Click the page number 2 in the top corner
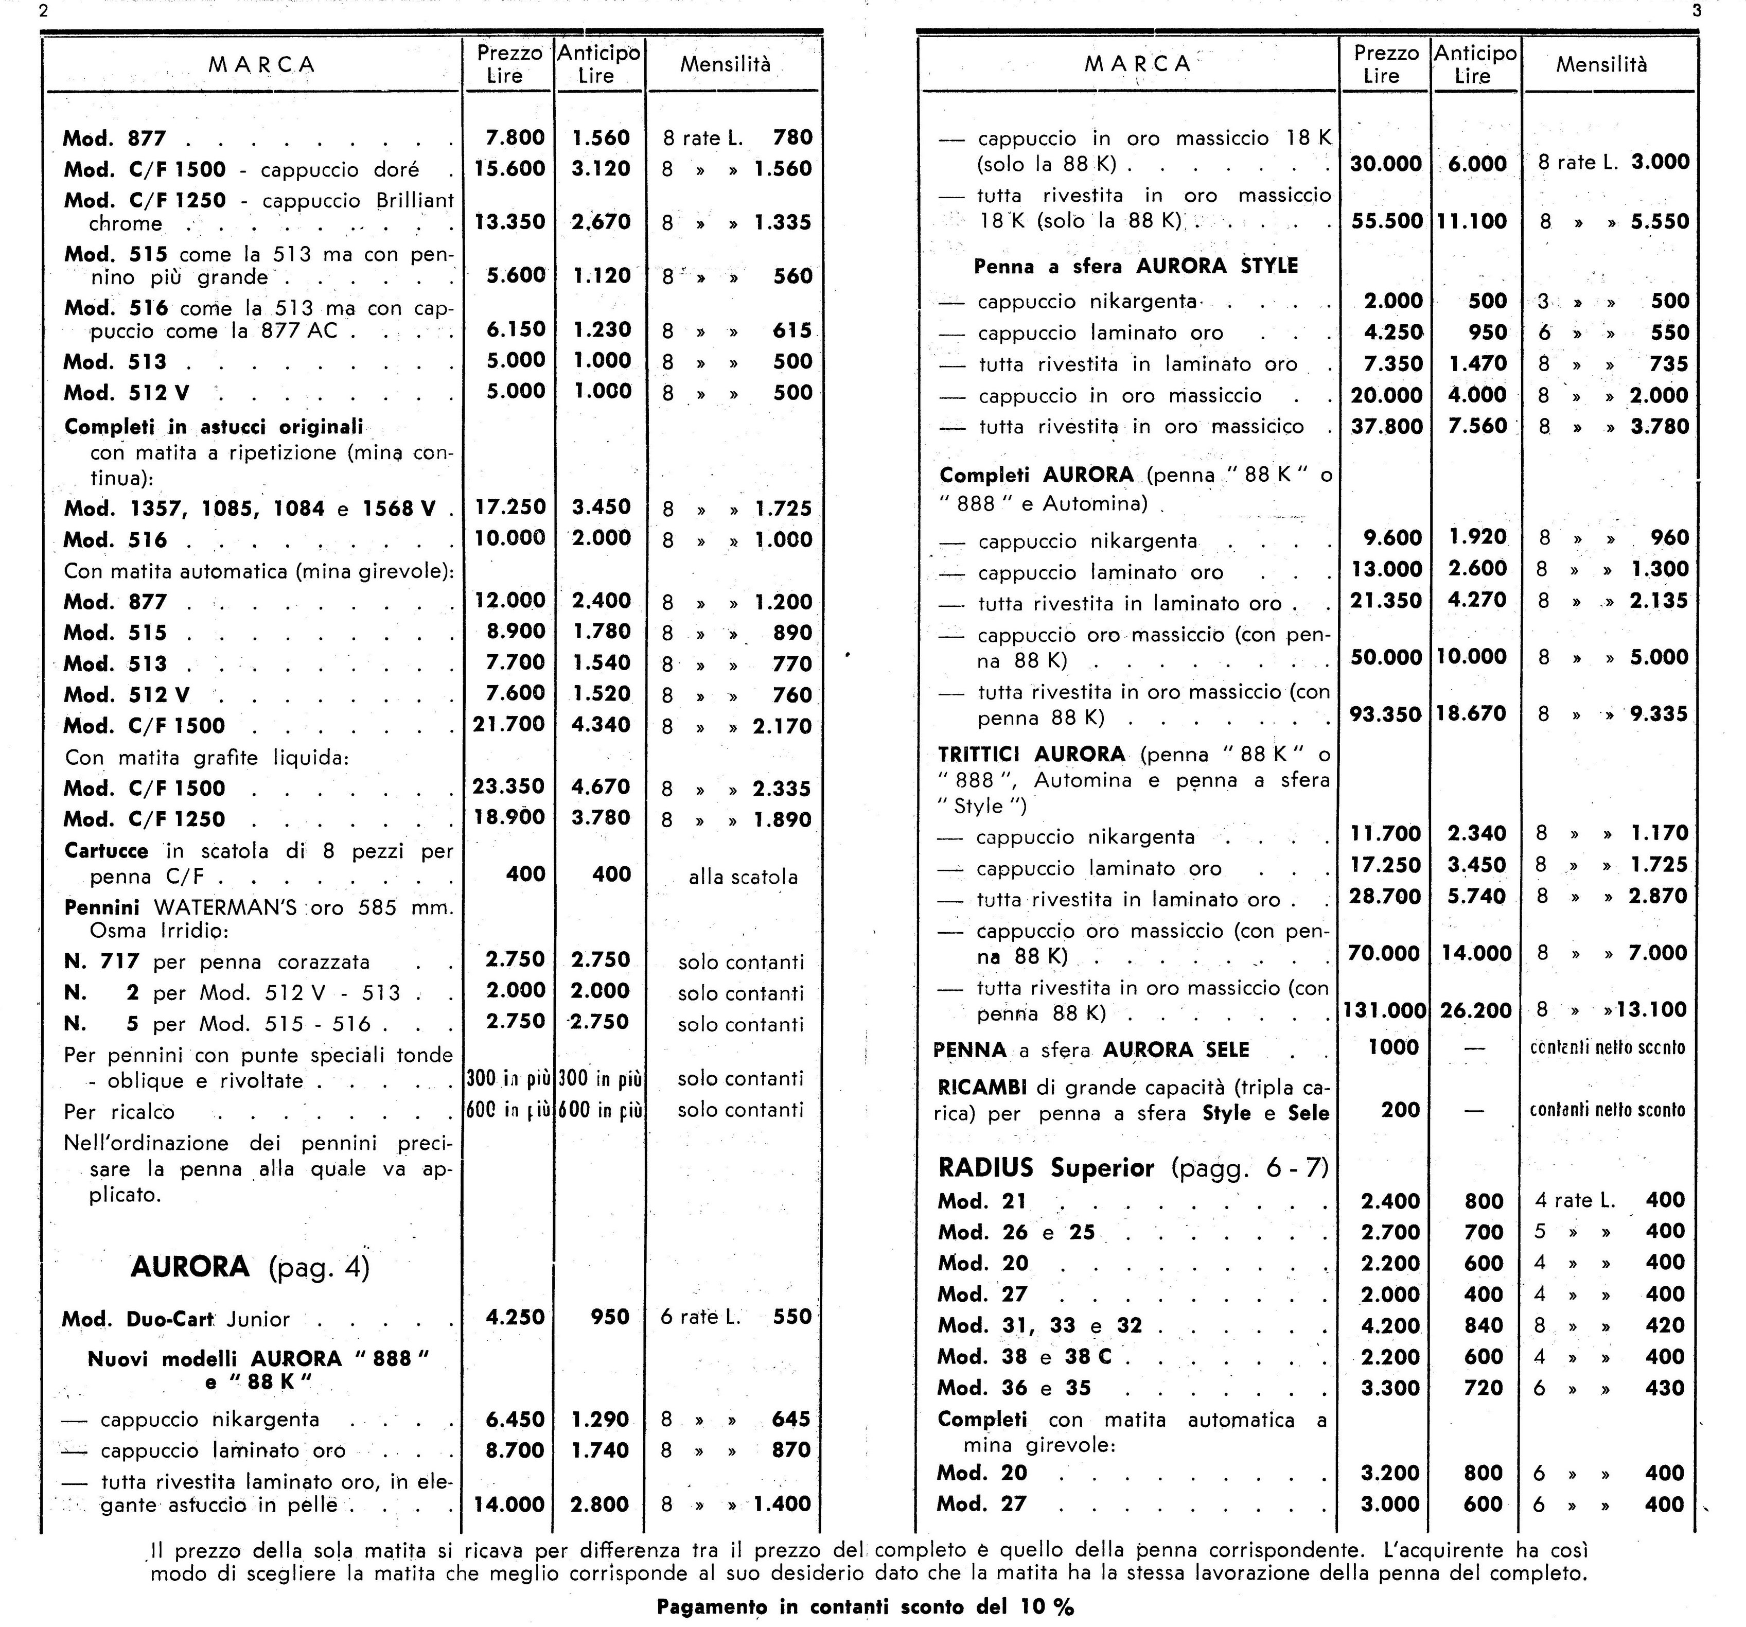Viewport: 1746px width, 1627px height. click(44, 11)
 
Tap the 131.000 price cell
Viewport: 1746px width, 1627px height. click(1384, 1010)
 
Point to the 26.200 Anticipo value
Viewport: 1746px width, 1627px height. click(1475, 1010)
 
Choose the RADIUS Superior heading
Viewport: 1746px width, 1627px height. click(1133, 1167)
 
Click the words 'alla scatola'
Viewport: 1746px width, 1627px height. click(743, 877)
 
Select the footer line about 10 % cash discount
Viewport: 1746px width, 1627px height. click(865, 1607)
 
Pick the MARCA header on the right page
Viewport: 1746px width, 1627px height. click(1137, 64)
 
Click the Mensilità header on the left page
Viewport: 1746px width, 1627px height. click(726, 64)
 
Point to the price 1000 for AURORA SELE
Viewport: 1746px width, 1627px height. click(1393, 1047)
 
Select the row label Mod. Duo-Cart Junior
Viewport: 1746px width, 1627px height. click(175, 1319)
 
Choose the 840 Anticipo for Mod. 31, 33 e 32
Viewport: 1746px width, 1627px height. click(1484, 1326)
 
